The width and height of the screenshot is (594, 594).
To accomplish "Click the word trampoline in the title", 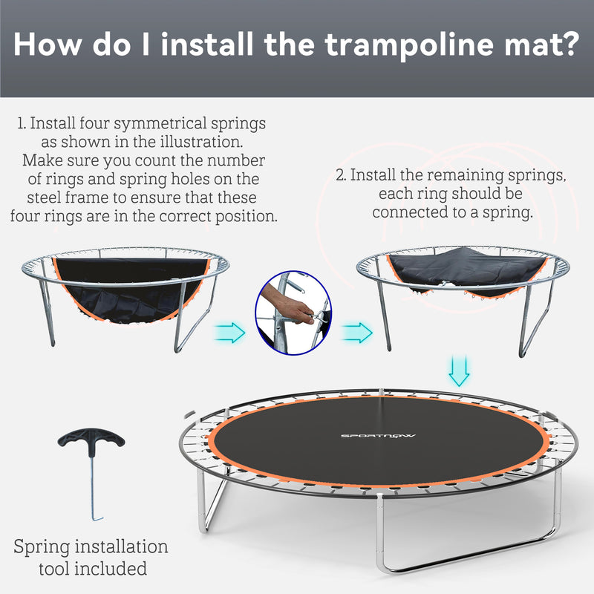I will [x=398, y=45].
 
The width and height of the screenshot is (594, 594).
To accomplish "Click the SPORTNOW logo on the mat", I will [x=369, y=435].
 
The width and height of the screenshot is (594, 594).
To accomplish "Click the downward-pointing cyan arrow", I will [x=460, y=371].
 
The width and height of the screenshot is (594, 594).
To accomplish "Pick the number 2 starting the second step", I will [x=340, y=176].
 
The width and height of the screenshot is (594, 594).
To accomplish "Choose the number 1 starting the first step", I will [x=21, y=123].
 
